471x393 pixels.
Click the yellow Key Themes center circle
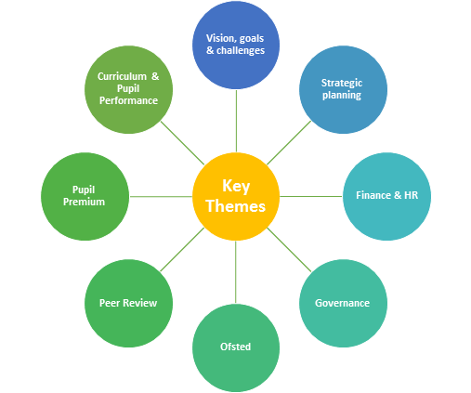236,196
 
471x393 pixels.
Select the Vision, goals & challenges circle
236,46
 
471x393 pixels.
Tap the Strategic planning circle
343,90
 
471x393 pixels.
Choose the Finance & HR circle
386,196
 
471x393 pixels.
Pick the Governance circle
343,303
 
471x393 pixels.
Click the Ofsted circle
236,347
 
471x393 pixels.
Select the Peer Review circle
128,303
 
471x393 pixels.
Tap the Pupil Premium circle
85,196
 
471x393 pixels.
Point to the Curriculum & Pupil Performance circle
128,90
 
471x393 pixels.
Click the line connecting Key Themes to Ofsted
236,272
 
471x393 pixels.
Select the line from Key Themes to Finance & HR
311,196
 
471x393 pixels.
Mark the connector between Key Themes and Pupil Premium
161,196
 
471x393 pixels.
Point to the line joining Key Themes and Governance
289,250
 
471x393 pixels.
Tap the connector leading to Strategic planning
289,143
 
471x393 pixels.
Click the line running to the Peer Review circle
182,250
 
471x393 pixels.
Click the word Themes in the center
236,206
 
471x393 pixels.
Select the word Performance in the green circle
128,100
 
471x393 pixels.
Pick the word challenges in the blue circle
241,50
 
